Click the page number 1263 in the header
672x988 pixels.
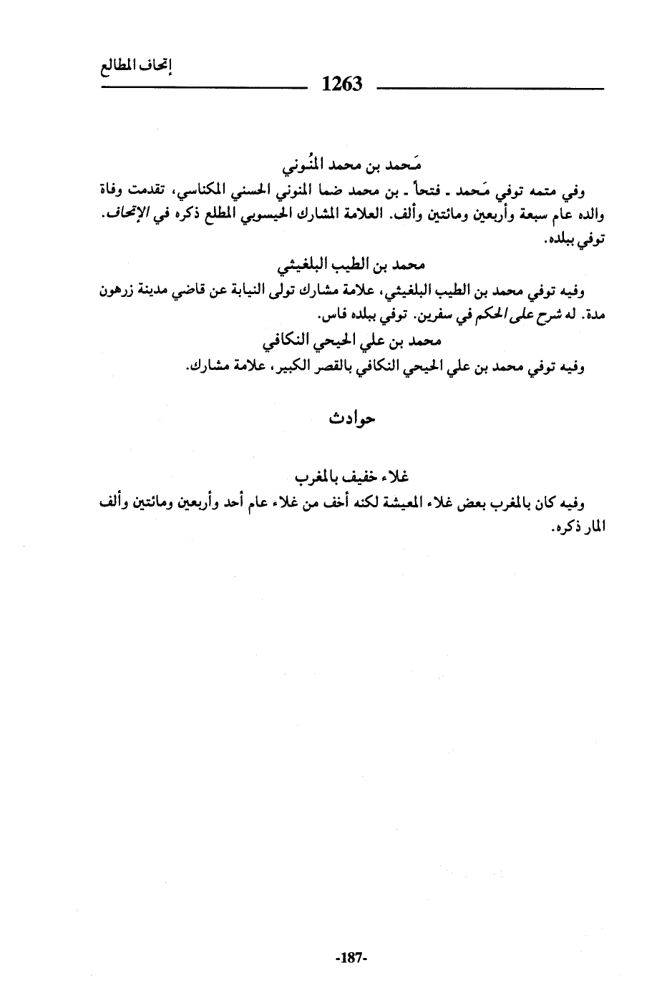343,84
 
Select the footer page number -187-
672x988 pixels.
350,958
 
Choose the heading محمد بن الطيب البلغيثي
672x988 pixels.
351,267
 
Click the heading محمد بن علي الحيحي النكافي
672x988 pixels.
351,342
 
